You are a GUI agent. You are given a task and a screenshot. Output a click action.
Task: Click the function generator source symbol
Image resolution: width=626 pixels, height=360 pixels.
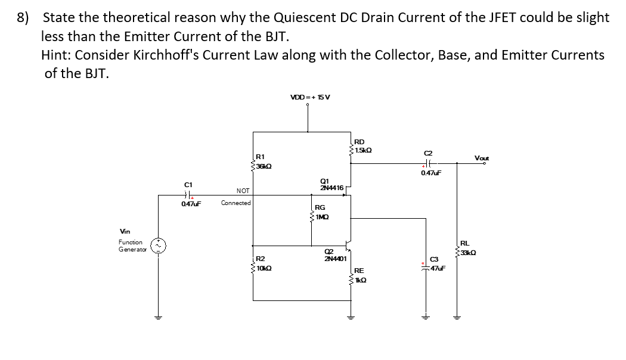click(x=159, y=246)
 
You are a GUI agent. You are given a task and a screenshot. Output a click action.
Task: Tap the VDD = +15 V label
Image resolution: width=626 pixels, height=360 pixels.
click(x=309, y=97)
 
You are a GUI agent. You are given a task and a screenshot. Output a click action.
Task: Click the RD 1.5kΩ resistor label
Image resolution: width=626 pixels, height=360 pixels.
click(x=362, y=145)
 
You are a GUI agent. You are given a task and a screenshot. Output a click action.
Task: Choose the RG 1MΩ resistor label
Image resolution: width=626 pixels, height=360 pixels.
click(x=321, y=212)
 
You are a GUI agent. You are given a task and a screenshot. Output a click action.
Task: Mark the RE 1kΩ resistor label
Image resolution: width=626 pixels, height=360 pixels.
click(x=362, y=275)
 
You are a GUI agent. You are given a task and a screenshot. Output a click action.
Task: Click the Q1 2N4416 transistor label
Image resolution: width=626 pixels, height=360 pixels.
click(x=331, y=184)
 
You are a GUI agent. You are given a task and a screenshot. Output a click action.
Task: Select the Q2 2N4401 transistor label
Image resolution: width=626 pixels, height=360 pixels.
click(x=334, y=255)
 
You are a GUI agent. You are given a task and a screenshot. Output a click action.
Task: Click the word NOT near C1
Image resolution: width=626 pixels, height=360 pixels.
click(x=243, y=191)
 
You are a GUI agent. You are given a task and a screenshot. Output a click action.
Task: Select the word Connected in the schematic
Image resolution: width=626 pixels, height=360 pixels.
click(x=235, y=203)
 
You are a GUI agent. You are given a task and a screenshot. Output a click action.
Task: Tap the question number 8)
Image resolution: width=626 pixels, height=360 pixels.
click(x=23, y=17)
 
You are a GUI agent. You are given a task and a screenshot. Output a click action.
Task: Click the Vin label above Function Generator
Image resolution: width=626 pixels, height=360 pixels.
click(x=125, y=231)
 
